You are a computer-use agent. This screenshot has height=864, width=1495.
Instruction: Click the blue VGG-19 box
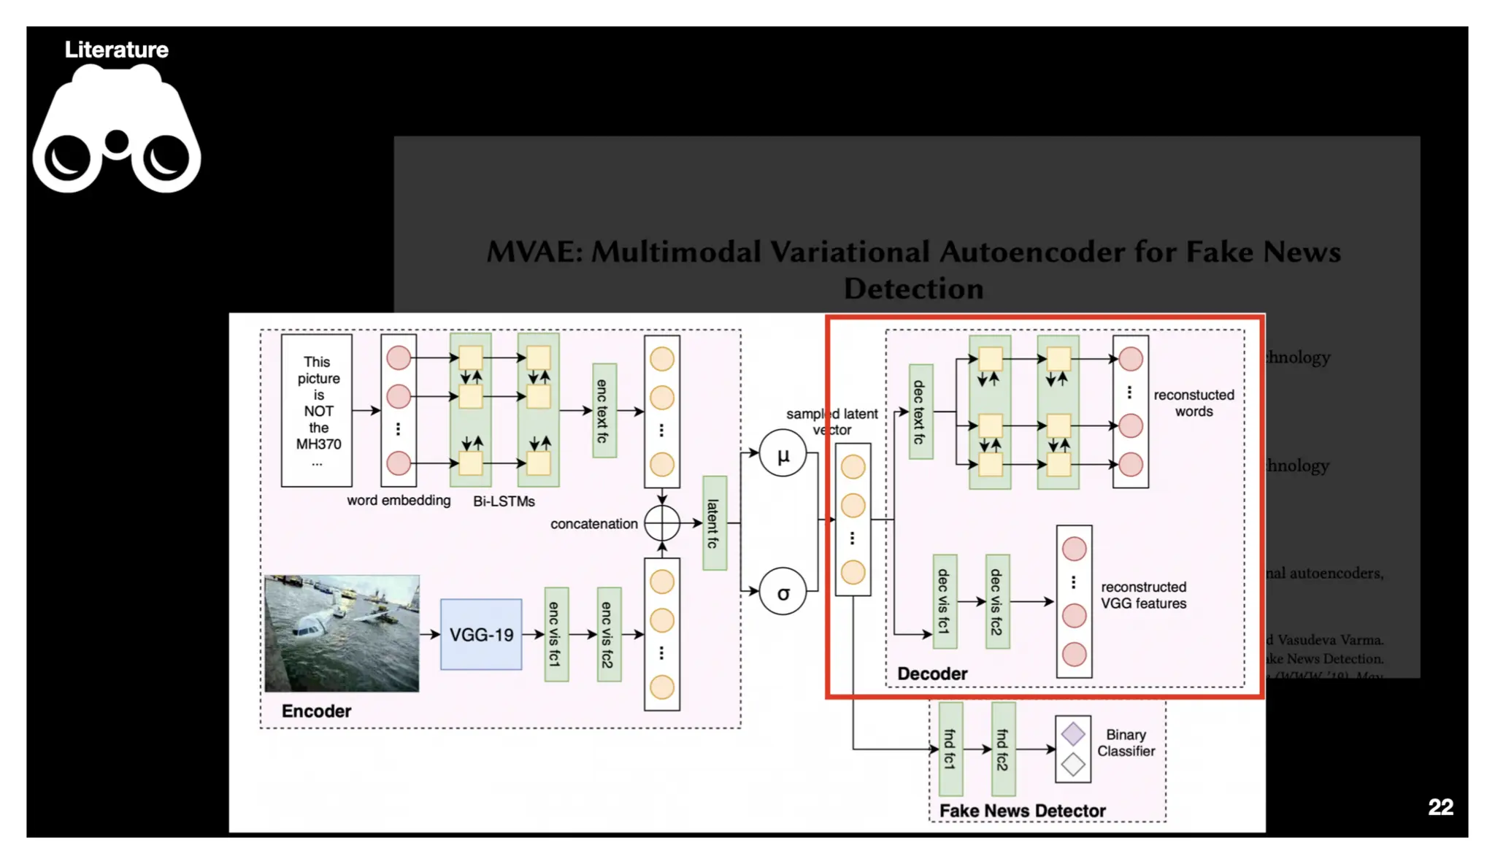pos(480,634)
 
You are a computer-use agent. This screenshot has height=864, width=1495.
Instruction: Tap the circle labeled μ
pos(783,455)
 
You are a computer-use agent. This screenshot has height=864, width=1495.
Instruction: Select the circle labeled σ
pos(783,592)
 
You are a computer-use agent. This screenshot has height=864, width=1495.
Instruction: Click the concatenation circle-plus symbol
pos(661,523)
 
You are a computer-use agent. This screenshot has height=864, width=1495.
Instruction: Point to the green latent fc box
pos(714,523)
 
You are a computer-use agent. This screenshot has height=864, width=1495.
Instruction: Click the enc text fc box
pos(604,411)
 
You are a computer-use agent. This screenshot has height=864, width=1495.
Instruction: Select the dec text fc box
pos(920,412)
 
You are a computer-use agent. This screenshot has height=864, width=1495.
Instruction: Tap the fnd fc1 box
pos(950,749)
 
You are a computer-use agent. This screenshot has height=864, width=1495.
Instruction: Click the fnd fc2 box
pos(1003,749)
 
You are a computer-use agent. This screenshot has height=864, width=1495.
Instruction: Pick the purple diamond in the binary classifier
pos(1072,733)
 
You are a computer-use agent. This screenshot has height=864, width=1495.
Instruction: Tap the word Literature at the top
pos(117,50)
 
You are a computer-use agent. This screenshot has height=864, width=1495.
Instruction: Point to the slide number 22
pos(1440,806)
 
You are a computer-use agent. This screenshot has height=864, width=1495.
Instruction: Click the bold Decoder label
pos(932,674)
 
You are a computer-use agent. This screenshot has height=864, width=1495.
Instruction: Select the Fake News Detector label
pos(1022,811)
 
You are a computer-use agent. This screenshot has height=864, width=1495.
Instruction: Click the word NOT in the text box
pos(318,411)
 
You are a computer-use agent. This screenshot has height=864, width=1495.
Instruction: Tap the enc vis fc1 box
pos(556,634)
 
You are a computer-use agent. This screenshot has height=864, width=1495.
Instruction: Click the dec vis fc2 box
pos(997,601)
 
